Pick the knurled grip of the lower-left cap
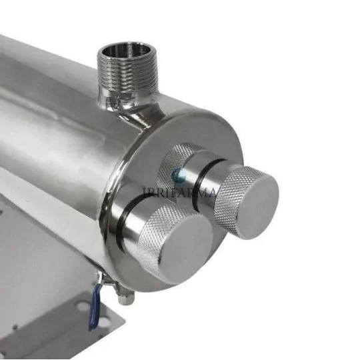tap(152, 233)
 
